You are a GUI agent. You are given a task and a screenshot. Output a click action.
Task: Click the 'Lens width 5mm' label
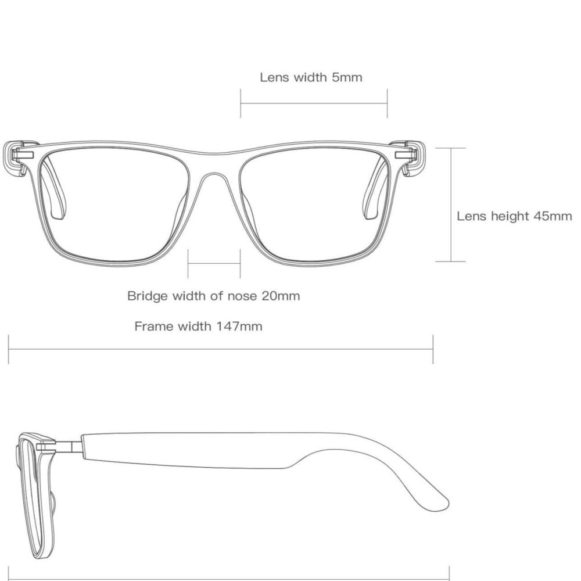311,77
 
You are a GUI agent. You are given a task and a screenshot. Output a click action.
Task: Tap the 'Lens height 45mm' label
514,216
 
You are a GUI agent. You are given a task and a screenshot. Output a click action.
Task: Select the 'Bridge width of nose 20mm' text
213,296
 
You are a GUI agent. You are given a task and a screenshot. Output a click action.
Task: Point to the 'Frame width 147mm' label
198,327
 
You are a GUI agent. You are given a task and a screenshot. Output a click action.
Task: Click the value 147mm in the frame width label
239,327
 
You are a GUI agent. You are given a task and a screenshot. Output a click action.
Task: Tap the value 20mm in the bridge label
281,296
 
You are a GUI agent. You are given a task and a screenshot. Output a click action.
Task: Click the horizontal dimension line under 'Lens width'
314,103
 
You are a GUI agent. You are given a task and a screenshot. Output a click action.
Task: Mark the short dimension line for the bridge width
214,263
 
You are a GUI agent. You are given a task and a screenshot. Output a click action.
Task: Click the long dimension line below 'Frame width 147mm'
221,349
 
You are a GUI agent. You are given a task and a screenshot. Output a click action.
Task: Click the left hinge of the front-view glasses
22,155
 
